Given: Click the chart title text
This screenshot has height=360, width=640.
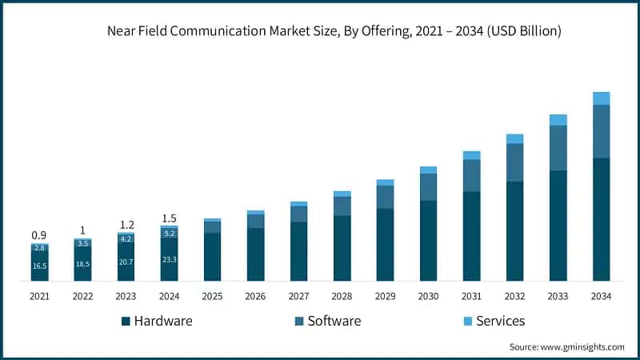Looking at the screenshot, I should coord(334,32).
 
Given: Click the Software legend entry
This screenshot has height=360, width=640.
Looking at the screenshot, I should coord(328,321).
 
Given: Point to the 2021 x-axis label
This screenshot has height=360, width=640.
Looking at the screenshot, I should coord(39,297).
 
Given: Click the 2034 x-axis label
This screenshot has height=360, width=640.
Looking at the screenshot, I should coord(601,297).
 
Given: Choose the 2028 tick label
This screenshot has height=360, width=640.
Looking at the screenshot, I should coord(342,297).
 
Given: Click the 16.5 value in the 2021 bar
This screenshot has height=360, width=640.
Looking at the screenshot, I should coord(39,266).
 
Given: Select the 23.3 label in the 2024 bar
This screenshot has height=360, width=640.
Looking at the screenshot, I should coord(169,259).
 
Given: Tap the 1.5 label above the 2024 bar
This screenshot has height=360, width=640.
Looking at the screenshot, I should coord(169,218).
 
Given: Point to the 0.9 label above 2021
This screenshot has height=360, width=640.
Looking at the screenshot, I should coord(39,235).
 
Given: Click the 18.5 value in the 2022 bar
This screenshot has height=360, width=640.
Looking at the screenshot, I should coord(82,263).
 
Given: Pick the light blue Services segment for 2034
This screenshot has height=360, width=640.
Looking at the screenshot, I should coord(601,98).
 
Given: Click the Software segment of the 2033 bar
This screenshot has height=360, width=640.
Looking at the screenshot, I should coord(558,148).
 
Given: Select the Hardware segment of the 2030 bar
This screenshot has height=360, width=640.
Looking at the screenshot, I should coord(428,240).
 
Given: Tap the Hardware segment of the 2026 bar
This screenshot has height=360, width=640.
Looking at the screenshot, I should coord(255,254).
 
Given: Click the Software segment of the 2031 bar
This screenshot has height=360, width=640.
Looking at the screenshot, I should coord(471,175).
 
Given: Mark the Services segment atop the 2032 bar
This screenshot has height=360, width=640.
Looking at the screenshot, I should coord(514,138).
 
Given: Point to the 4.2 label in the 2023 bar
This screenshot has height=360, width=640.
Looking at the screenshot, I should coord(126,238).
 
